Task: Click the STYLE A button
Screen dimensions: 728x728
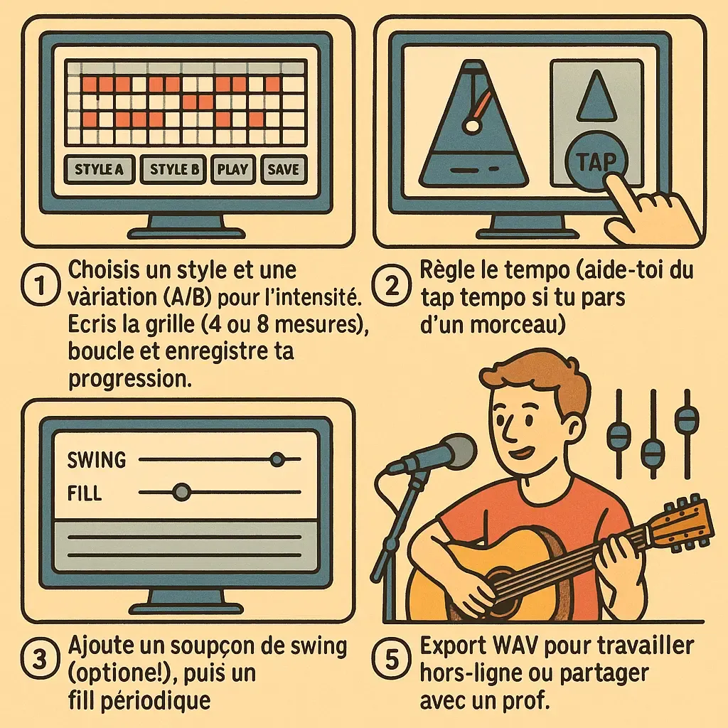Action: pyautogui.click(x=100, y=170)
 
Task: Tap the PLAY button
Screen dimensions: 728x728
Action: pyautogui.click(x=232, y=170)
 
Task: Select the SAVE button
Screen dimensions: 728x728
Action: pyautogui.click(x=284, y=170)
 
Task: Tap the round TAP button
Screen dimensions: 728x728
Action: pyautogui.click(x=596, y=163)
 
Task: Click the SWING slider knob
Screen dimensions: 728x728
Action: pyautogui.click(x=277, y=459)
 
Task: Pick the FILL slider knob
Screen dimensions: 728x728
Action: pyautogui.click(x=182, y=491)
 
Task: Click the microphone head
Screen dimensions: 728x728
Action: pyautogui.click(x=451, y=453)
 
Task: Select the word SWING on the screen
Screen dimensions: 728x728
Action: pyautogui.click(x=96, y=460)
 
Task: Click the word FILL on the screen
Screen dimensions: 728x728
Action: pyautogui.click(x=85, y=492)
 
